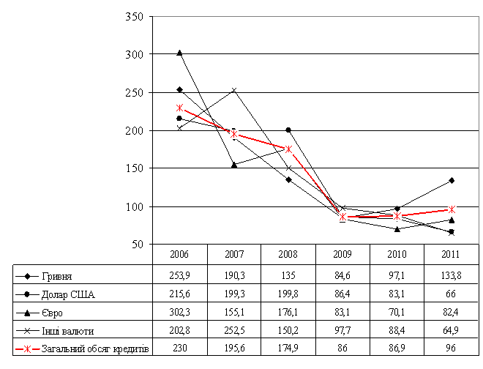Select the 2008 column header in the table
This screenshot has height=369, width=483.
[288, 255]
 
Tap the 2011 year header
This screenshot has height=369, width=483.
[451, 255]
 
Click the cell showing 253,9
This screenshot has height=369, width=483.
[179, 276]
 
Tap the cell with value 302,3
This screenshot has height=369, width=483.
[179, 313]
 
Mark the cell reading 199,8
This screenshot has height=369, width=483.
[288, 294]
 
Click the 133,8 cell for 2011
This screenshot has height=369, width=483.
[451, 276]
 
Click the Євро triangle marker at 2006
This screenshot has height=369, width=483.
[179, 53]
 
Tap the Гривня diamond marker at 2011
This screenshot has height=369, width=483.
[452, 180]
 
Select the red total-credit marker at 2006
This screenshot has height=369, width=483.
[179, 108]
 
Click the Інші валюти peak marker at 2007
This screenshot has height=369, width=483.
[234, 90]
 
